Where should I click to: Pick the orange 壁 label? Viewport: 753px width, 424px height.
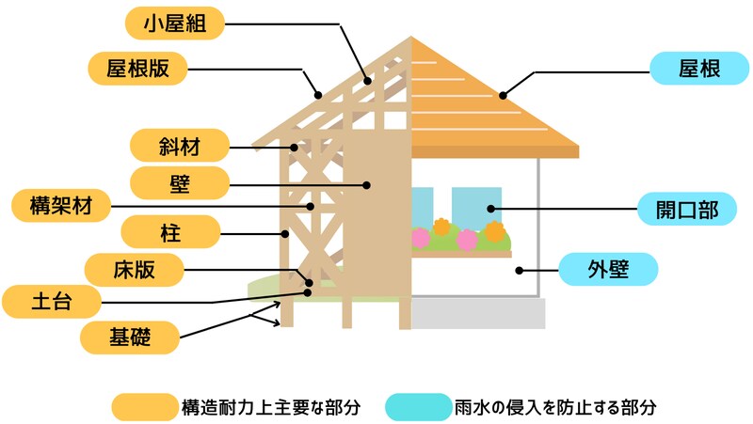(x=179, y=182)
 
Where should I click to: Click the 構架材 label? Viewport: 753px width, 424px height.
(x=57, y=204)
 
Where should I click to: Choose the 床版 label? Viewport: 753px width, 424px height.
(x=133, y=270)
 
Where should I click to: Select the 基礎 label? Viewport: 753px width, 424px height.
(x=129, y=334)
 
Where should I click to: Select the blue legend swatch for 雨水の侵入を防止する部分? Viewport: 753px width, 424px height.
(x=418, y=407)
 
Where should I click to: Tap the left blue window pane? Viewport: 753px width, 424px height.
(x=423, y=207)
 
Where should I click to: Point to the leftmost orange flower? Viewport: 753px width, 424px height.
(x=441, y=227)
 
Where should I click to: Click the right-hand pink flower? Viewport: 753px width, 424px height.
(x=467, y=240)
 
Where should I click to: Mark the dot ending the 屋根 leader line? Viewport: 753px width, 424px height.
(x=504, y=94)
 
